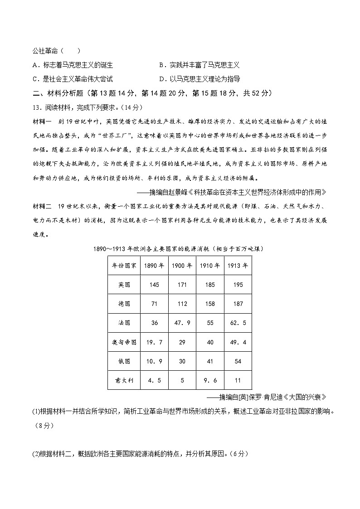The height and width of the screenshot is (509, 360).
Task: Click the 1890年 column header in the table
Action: [x=154, y=266]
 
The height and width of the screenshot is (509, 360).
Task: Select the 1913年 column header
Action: [x=238, y=266]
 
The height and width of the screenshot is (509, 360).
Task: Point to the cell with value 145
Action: [x=154, y=285]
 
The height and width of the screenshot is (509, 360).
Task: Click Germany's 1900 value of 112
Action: [x=182, y=304]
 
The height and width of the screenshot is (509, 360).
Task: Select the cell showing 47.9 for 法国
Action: [x=182, y=323]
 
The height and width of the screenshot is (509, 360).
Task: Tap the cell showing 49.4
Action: [x=238, y=342]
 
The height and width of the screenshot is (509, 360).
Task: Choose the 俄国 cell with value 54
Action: [x=238, y=361]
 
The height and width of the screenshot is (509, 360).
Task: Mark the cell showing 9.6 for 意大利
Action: [x=209, y=380]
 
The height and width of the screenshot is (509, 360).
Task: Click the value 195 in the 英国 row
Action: [x=238, y=285]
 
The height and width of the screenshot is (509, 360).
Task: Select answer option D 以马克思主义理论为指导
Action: [x=199, y=79]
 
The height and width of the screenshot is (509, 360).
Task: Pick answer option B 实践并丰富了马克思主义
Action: [x=199, y=65]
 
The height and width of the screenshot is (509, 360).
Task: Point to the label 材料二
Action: [x=39, y=206]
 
